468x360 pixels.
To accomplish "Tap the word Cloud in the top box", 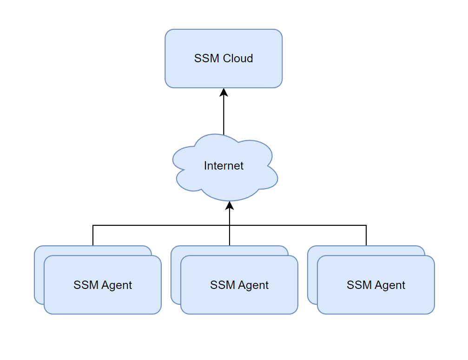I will [238, 59].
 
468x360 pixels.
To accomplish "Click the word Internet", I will [224, 166].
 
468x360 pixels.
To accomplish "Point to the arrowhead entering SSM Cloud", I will [224, 92].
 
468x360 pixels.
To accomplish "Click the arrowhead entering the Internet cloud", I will [230, 206].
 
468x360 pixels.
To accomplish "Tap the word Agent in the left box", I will [117, 285].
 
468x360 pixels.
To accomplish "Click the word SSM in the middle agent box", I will [220, 285].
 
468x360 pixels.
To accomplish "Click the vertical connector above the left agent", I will [93, 236].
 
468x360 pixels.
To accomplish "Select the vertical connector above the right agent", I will [366, 236].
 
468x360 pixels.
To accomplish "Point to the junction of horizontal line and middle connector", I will [230, 226].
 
